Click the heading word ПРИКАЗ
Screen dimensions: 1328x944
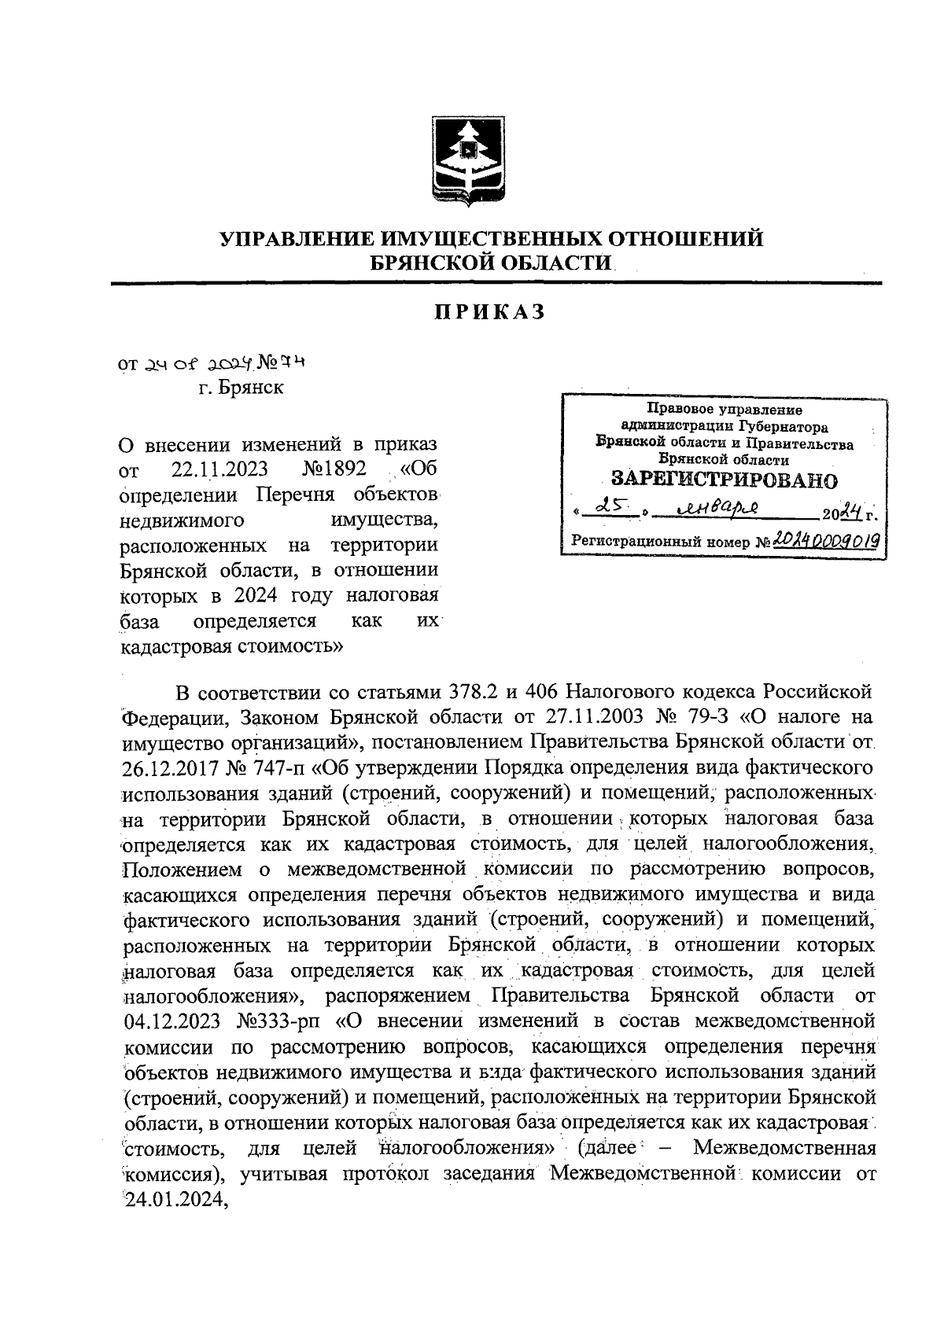point(490,312)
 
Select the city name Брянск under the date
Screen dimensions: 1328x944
point(252,388)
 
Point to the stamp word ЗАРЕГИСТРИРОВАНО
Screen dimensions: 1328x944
point(724,480)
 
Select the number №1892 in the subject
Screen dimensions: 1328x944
point(335,469)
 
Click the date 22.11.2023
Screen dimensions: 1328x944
point(219,469)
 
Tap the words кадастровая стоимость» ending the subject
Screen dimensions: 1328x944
point(230,647)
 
